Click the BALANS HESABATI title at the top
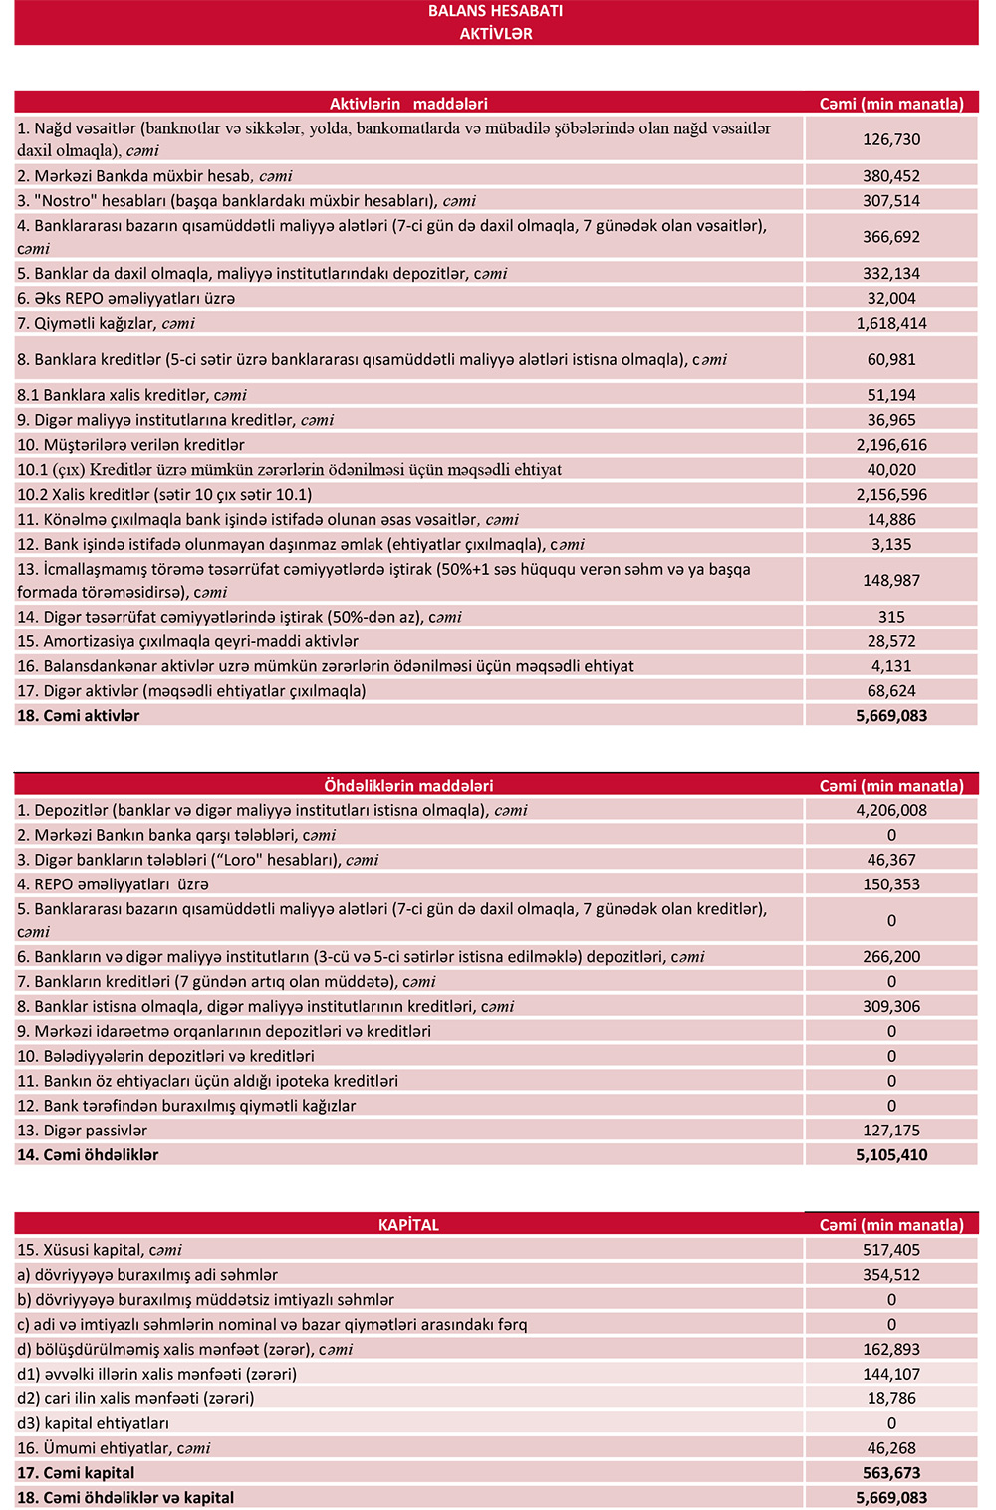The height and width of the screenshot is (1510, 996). (x=495, y=11)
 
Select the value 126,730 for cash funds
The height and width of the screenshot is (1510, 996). (x=891, y=140)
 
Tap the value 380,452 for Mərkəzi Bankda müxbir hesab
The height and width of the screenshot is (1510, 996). (x=891, y=176)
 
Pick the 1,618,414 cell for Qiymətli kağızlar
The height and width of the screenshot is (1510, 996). (x=891, y=324)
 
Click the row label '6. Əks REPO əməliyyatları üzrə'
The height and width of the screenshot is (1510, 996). (x=126, y=299)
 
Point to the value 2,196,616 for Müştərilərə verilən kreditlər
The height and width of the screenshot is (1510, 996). (x=891, y=445)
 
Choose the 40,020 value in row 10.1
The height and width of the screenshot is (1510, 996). (x=891, y=470)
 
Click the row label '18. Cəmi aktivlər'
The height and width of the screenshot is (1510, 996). (x=79, y=716)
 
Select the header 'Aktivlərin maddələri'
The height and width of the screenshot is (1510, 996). (x=408, y=104)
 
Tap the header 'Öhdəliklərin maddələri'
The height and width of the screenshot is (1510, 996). (x=408, y=786)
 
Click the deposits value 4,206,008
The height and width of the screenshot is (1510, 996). (x=891, y=811)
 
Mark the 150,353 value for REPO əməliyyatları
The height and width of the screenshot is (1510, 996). (x=891, y=884)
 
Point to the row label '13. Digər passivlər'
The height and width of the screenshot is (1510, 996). (x=83, y=1131)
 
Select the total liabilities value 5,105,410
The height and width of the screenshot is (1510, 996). (x=891, y=1155)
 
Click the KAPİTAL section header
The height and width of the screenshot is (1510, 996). (x=408, y=1225)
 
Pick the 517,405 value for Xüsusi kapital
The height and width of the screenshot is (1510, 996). (x=891, y=1250)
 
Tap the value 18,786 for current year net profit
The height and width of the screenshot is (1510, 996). (x=891, y=1398)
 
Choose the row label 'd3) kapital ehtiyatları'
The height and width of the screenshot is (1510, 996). (x=94, y=1423)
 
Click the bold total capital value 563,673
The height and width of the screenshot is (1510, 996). (x=891, y=1473)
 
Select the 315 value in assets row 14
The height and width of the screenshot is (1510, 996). (x=891, y=618)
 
